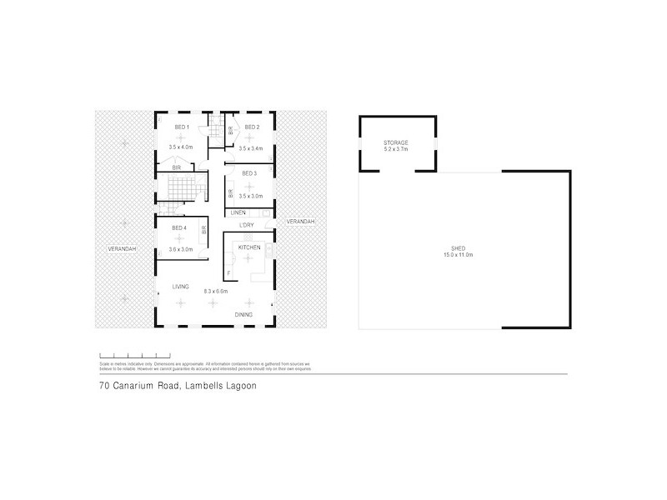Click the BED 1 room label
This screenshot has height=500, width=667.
181,127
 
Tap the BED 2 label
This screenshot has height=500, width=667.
251,127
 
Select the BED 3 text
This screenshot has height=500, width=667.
250,173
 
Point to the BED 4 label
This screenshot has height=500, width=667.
178,228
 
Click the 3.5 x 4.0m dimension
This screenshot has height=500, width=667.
181,147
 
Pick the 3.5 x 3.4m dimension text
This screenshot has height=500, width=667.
250,147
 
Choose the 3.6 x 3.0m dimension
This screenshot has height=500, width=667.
181,249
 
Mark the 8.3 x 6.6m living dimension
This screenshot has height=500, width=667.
216,291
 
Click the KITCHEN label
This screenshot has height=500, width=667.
250,248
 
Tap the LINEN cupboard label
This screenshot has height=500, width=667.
238,213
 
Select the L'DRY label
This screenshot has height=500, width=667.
247,226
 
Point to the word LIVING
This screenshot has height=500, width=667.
181,287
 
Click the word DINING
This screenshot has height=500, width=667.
243,314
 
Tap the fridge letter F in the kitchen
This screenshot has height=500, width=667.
228,273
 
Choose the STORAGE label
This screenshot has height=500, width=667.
396,142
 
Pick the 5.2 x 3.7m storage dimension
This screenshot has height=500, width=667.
396,149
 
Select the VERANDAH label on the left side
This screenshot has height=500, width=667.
121,248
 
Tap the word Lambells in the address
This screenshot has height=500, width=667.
198,386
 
